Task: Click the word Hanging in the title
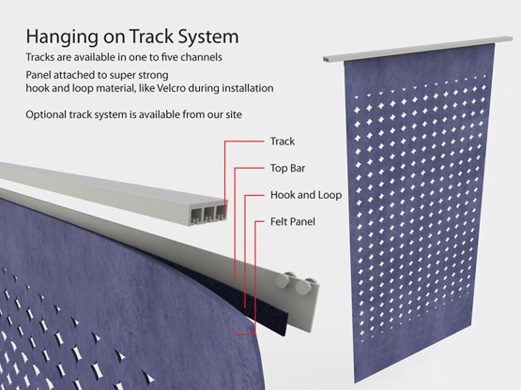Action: [x=62, y=37]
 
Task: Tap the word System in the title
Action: [x=208, y=37]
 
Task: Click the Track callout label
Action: [x=283, y=142]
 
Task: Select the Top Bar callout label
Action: [x=287, y=168]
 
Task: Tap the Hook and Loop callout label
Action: [x=306, y=195]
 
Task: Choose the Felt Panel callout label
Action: [x=292, y=222]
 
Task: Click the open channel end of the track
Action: [x=208, y=214]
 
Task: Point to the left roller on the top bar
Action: [x=283, y=280]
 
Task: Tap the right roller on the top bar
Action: [x=304, y=287]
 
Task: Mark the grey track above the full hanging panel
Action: [x=418, y=49]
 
